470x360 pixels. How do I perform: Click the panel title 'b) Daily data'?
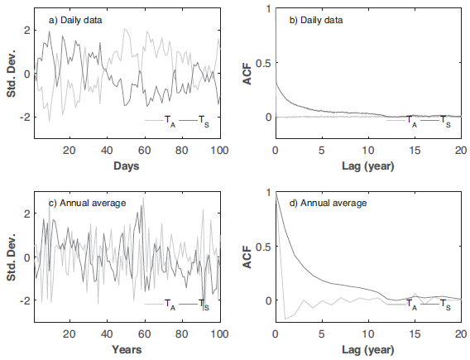pos(312,18)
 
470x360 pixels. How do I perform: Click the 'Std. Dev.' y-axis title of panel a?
pos(11,74)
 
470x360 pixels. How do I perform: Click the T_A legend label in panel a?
pos(169,122)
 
